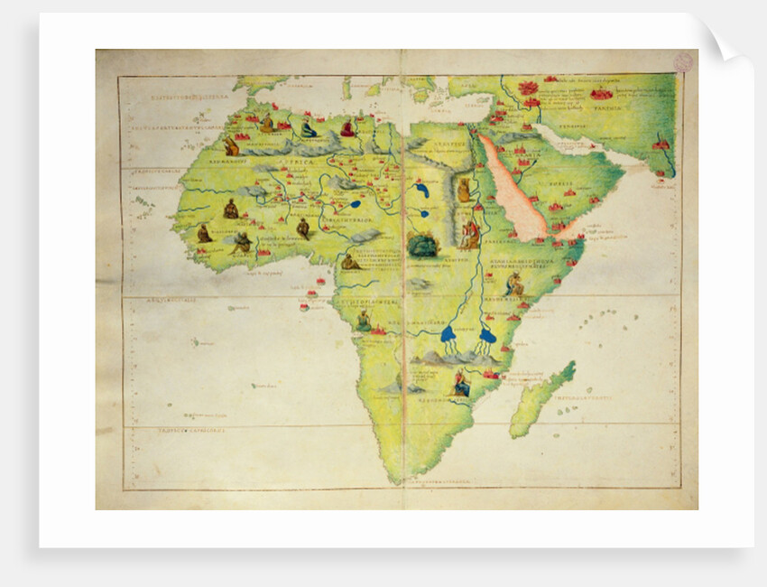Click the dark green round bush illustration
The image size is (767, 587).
coord(422,245)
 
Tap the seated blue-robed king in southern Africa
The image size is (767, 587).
coord(461,385)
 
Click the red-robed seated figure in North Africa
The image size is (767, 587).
coord(347,129)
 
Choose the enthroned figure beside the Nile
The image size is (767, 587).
coord(470,235)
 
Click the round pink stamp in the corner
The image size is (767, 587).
coord(684,61)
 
